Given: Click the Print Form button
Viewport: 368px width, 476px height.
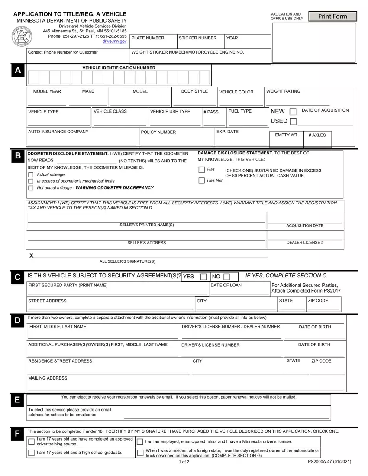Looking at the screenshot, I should click(x=333, y=16).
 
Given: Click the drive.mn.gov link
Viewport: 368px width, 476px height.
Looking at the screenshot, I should click(x=114, y=42).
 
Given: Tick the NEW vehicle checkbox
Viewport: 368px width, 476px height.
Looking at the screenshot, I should click(x=293, y=112).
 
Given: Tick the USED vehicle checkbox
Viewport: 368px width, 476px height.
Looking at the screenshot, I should click(x=293, y=122).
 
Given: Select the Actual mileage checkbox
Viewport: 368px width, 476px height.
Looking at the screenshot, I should click(x=31, y=175).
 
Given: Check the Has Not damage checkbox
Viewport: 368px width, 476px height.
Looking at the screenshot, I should click(x=202, y=180).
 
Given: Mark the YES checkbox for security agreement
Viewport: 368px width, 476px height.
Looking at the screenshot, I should click(x=203, y=277).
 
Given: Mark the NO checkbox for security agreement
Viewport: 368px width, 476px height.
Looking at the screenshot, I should click(x=226, y=277).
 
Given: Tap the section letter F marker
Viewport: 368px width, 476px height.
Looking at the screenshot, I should click(x=17, y=434).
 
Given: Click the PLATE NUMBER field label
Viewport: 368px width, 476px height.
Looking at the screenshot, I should click(x=148, y=38).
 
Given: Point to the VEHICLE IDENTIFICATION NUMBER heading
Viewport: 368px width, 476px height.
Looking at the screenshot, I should click(x=119, y=68).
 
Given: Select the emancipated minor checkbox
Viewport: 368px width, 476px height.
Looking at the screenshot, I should click(x=140, y=442).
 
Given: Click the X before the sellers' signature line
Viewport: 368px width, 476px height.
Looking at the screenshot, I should click(x=32, y=256).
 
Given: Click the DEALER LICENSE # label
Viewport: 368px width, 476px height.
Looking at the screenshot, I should click(x=305, y=243).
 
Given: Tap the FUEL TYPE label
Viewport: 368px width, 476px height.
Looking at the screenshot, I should click(x=240, y=111).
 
